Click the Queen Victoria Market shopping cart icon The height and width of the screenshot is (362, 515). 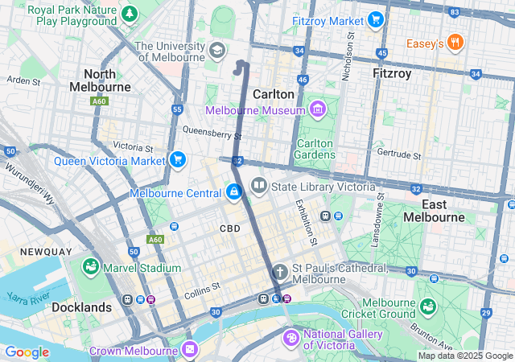[177, 160]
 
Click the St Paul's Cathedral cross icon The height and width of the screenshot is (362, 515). [280, 272]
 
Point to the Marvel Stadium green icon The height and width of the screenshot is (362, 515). [90, 267]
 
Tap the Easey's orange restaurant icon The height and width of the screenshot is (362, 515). [455, 43]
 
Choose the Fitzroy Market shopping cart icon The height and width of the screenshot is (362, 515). [375, 20]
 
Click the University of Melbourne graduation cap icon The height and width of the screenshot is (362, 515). [216, 51]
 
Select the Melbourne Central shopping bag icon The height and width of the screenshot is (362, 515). [233, 193]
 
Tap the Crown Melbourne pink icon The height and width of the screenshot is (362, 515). [190, 350]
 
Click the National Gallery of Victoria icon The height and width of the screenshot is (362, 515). [291, 335]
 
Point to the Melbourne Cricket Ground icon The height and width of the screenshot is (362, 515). [426, 306]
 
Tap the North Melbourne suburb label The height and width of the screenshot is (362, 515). [100, 80]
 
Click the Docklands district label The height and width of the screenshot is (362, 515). [81, 307]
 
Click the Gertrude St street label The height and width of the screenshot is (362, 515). [401, 154]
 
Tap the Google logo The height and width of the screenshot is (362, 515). [27, 352]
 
